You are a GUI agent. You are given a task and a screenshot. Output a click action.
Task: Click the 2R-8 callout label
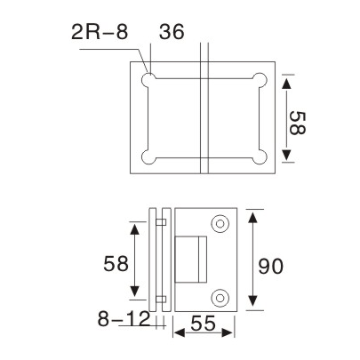click(99, 33)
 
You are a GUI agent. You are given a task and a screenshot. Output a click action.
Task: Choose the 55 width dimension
click(206, 327)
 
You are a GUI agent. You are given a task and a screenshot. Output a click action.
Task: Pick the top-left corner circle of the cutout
click(152, 79)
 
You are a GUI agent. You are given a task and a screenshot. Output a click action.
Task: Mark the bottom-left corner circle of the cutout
click(152, 159)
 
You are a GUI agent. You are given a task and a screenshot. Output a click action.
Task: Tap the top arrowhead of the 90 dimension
click(254, 214)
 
